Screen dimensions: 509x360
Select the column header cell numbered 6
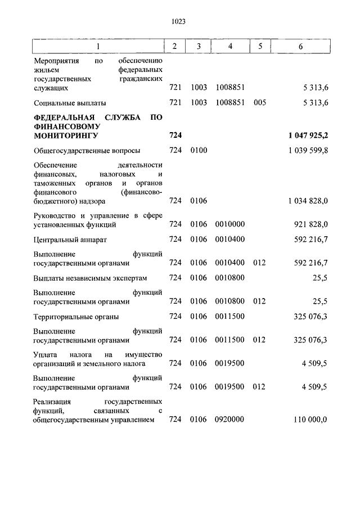[x=300, y=46]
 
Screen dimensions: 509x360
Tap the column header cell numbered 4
[x=230, y=46]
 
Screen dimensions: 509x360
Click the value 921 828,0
[x=311, y=224]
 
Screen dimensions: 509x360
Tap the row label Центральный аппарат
[x=70, y=240]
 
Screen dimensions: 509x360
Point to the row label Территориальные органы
[x=76, y=317]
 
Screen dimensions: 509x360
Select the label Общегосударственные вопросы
[x=87, y=151]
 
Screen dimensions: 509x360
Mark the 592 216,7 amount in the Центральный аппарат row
[x=311, y=240]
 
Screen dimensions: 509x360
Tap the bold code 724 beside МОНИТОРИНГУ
[x=175, y=136]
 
